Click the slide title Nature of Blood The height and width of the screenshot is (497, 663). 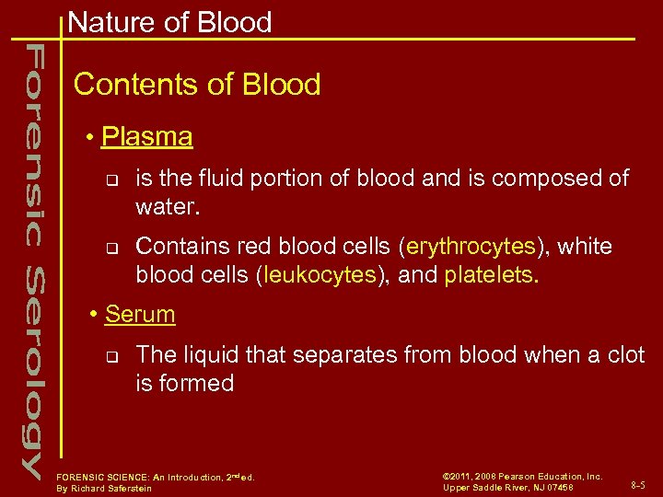tap(169, 22)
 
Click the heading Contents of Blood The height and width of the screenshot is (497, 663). tap(197, 85)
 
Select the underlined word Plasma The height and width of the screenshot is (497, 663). tap(147, 137)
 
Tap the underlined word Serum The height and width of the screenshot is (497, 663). tap(140, 314)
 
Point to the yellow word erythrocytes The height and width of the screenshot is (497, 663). tap(471, 247)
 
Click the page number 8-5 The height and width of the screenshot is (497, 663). tap(637, 483)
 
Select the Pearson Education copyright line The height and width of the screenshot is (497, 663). tap(522, 476)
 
